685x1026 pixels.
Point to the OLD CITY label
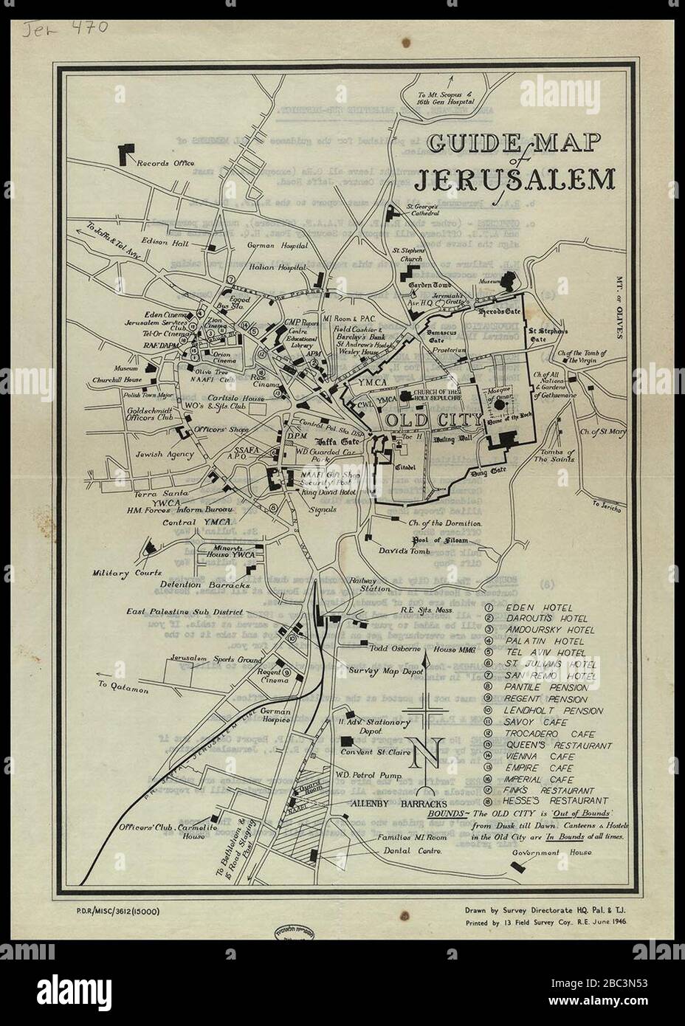coord(432,420)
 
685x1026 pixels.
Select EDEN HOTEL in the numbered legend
coord(534,606)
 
